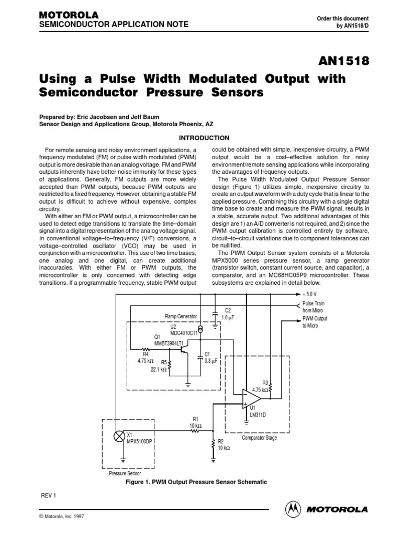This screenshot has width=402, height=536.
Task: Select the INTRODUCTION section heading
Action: point(204,138)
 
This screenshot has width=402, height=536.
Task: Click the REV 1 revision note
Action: point(48,495)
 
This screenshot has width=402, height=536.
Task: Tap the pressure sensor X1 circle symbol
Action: point(118,438)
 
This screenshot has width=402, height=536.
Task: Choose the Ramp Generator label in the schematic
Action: point(181,317)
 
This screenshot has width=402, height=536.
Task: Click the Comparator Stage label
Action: point(259,438)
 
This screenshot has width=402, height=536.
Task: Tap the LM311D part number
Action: point(258,415)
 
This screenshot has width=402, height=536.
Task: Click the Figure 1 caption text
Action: point(200,482)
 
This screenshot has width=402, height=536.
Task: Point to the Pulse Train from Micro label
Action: point(315,307)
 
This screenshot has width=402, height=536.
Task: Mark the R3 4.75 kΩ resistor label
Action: point(261,386)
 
